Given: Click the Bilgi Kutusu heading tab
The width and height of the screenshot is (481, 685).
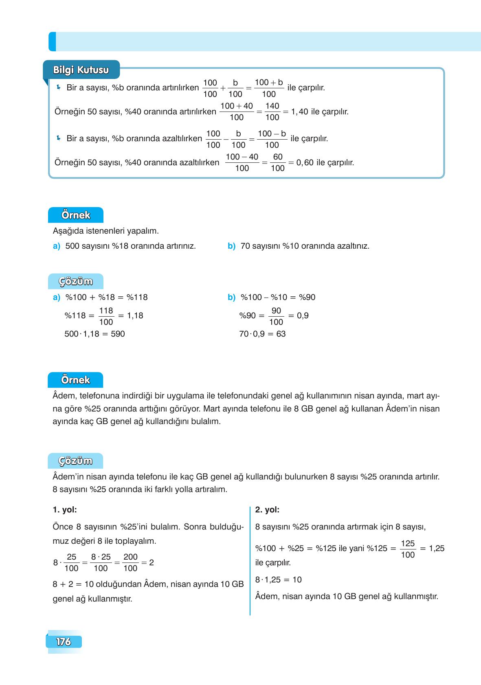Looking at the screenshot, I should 81,70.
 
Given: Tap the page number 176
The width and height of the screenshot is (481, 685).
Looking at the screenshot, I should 64,642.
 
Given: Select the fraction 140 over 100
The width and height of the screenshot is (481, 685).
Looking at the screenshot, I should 272,112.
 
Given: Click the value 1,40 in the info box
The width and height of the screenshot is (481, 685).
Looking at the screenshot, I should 299,112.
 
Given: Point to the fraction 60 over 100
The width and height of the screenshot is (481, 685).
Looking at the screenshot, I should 277,162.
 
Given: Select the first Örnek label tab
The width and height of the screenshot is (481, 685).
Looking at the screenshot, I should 76,215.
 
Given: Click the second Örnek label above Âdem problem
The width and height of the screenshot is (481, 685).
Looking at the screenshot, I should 75,380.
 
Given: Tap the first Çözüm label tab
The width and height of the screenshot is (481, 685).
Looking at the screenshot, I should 76,281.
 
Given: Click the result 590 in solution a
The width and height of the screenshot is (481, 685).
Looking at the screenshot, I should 118,334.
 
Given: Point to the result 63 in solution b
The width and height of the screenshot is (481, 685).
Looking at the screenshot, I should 281,334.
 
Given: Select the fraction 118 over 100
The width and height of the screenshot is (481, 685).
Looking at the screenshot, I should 106,316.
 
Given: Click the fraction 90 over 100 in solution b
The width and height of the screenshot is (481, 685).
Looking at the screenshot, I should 276,316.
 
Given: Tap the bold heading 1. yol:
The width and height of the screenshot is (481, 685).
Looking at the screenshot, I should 65,510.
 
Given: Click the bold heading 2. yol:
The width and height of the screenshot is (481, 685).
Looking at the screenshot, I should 267,510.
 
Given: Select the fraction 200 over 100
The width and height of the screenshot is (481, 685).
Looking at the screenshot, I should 130,562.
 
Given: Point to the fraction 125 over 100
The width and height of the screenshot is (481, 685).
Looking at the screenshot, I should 408,549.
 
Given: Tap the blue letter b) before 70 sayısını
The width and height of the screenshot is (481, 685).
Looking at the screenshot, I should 231,246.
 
